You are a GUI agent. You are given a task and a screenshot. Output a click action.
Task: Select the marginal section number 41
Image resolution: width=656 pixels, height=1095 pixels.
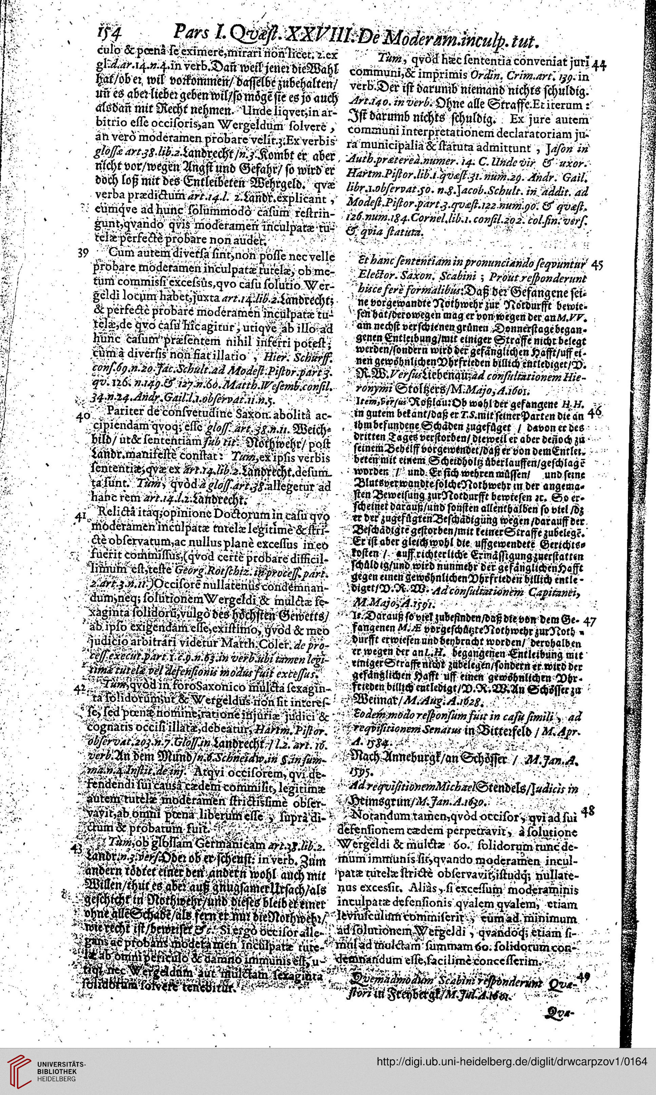pos(80,516)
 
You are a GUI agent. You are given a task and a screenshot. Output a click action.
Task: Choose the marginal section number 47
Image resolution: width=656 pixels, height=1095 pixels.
pos(591,621)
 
